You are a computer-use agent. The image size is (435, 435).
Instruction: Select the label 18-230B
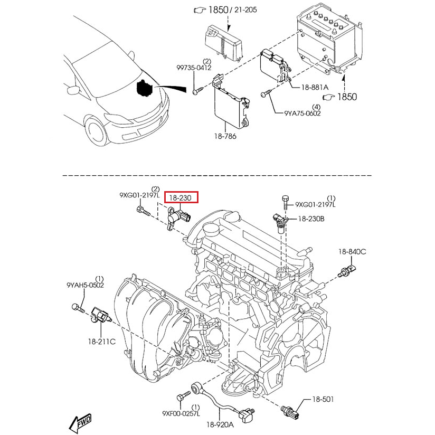click(x=311, y=218)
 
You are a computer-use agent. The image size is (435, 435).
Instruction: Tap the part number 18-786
click(x=226, y=136)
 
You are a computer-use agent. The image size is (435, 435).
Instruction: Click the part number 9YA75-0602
click(x=302, y=112)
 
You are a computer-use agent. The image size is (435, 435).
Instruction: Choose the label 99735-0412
click(x=194, y=68)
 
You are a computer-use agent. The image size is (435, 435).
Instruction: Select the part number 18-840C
click(x=353, y=252)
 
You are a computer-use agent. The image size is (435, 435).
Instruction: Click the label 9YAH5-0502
click(x=85, y=285)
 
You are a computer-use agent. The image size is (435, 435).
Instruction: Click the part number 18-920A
click(x=221, y=424)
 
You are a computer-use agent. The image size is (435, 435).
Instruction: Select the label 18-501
click(x=323, y=400)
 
